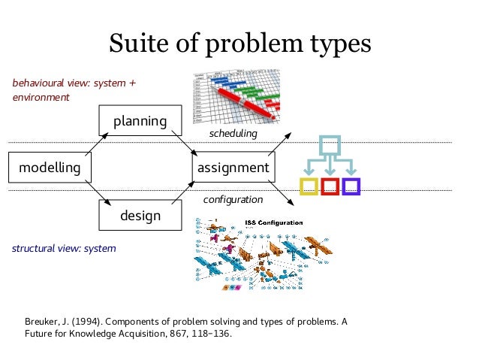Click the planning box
[140, 121]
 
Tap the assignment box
[233, 167]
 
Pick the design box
[140, 216]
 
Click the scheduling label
[233, 133]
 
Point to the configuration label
[233, 201]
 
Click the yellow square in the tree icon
[309, 186]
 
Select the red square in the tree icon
[330, 186]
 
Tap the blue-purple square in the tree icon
[351, 186]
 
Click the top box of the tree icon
[330, 145]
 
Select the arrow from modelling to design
[98, 190]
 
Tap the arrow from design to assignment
[183, 192]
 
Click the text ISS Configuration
[275, 222]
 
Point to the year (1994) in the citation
[88, 322]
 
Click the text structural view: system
[64, 248]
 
